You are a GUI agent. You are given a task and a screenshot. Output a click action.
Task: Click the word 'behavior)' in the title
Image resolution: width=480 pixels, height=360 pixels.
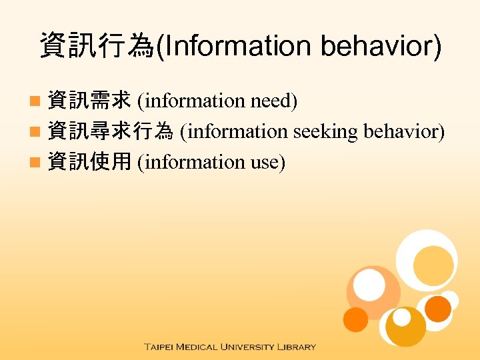click(381, 47)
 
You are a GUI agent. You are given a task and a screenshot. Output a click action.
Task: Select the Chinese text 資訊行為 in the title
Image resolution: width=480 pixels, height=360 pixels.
click(97, 47)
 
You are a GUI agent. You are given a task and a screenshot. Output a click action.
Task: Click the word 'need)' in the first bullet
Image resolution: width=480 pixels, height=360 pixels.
click(274, 101)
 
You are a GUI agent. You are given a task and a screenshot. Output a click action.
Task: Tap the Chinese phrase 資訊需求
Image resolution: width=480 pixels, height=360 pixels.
click(89, 101)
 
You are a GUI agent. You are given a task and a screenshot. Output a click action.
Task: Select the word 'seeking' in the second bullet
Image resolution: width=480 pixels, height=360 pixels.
click(326, 131)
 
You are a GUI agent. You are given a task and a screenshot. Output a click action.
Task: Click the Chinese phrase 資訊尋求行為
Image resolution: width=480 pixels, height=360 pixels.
click(110, 131)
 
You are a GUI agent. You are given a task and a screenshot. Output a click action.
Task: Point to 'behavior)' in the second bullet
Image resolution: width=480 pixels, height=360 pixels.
click(404, 131)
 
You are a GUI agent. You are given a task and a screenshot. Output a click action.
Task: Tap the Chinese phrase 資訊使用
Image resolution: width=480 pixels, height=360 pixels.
click(89, 162)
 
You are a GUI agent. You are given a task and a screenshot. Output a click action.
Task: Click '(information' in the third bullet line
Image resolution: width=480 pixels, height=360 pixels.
click(191, 162)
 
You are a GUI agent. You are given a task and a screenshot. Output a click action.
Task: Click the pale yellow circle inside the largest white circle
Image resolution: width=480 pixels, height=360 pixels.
click(433, 263)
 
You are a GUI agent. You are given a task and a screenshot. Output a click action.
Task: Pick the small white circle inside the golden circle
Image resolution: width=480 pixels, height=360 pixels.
click(402, 318)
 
